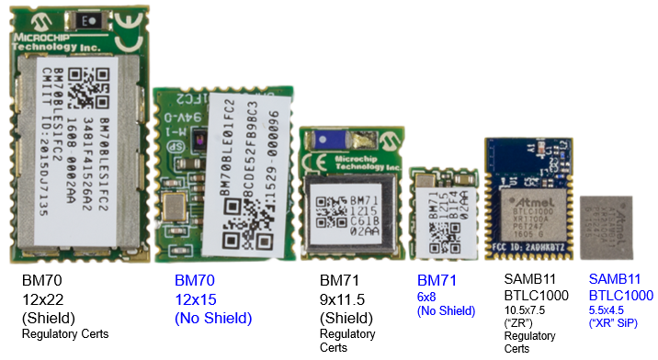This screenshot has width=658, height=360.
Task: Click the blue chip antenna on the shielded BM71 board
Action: (332, 140)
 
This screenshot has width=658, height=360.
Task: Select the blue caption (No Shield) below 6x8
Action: (446, 311)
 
